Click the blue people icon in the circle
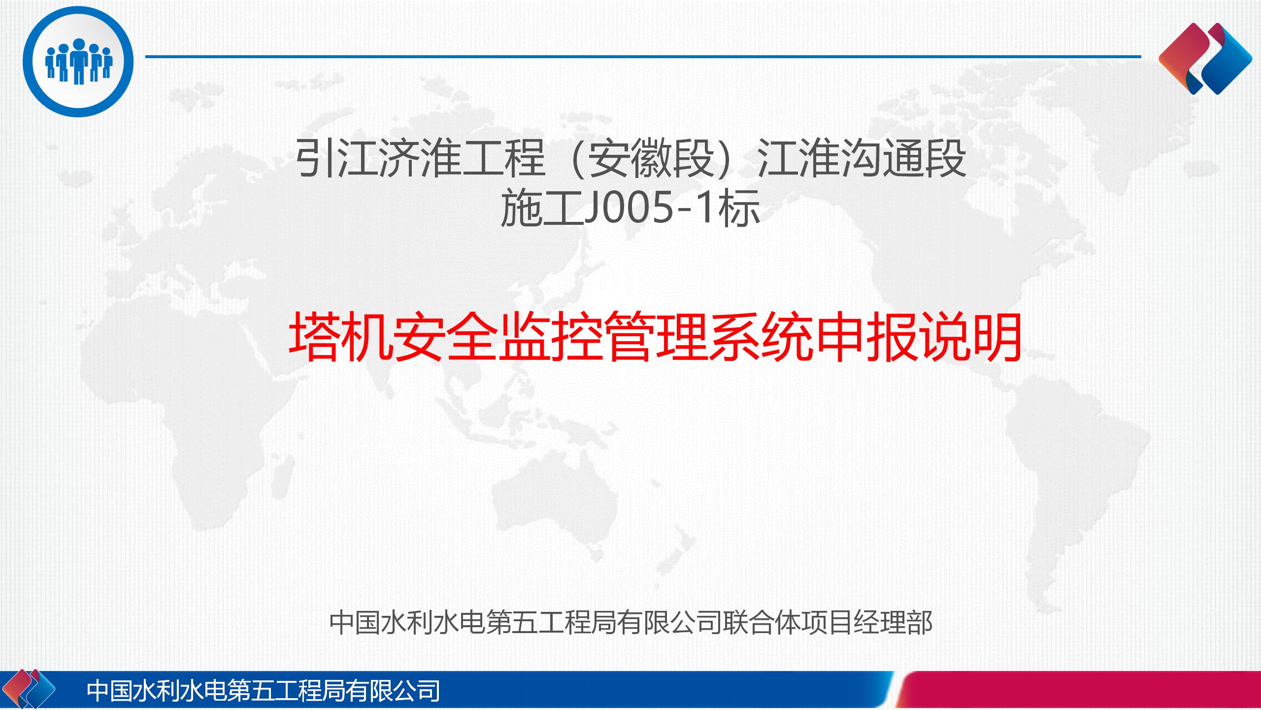tap(79, 62)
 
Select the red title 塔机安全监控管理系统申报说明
tap(655, 338)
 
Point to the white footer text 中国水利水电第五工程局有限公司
tap(263, 690)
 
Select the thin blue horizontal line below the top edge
tap(643, 57)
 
